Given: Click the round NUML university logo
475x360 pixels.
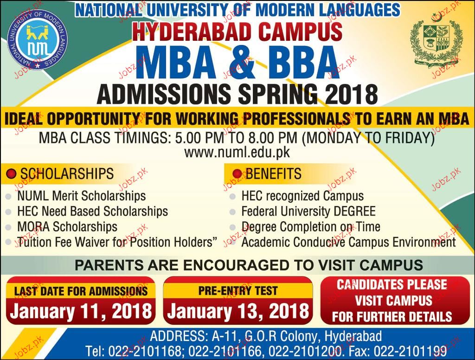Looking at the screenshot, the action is [x=37, y=40].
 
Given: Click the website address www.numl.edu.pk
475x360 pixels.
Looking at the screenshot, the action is [x=237, y=153].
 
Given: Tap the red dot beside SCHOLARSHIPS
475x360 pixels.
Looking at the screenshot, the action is [x=11, y=174].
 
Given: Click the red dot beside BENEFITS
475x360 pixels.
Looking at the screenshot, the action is [x=237, y=174].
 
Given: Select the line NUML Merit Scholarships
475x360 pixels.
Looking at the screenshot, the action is [x=82, y=196].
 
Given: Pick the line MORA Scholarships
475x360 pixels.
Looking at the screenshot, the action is [x=67, y=227].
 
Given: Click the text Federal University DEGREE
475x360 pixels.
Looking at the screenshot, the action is [x=308, y=211].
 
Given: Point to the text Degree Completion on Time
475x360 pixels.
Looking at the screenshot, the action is [x=311, y=227].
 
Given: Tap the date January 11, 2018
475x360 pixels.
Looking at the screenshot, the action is [x=81, y=311].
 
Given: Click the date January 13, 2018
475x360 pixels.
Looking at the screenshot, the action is [x=238, y=311].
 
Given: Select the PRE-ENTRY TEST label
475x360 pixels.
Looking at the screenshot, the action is [x=238, y=291].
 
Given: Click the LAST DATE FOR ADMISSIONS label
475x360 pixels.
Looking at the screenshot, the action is [x=81, y=291].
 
